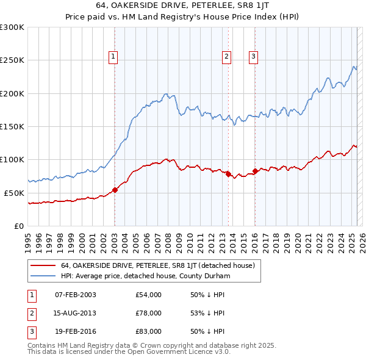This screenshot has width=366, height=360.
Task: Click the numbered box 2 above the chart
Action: (x=227, y=57)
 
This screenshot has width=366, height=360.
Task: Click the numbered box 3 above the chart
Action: (x=253, y=57)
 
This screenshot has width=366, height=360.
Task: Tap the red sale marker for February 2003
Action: (x=115, y=190)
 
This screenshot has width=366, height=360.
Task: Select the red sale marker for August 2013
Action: (x=228, y=175)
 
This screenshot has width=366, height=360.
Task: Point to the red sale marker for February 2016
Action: (x=255, y=171)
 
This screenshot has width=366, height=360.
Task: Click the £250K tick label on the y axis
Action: (x=12, y=60)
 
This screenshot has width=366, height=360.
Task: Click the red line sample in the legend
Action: (x=43, y=265)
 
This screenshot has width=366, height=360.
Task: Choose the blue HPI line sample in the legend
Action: (x=43, y=276)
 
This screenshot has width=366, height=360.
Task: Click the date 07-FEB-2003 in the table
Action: (x=76, y=295)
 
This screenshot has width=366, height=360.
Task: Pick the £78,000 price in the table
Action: (x=148, y=314)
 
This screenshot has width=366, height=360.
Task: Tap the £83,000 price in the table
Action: (x=148, y=332)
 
